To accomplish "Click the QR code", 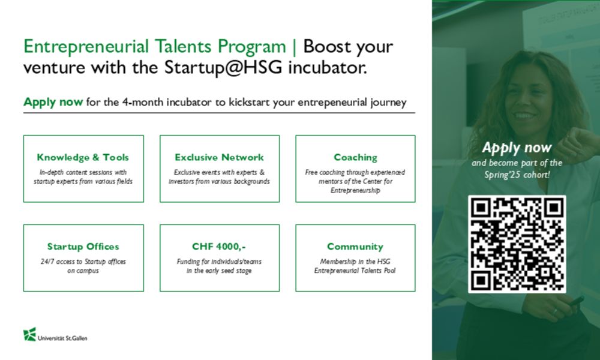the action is click(517, 244).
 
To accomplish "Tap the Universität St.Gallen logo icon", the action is click(29, 334).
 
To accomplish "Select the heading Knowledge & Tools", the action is click(83, 157).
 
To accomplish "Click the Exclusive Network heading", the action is click(219, 157).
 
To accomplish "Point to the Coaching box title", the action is click(355, 157).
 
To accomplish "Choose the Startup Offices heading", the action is click(83, 247).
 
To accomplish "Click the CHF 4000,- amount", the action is click(219, 247).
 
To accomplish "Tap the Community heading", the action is click(355, 247).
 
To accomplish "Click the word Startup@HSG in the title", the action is click(223, 67).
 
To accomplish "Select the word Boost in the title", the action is click(327, 47).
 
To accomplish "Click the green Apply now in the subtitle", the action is click(53, 102).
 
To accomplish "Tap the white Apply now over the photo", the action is click(517, 148).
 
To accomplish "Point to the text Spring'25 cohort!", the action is click(517, 175).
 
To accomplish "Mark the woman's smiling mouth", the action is click(524, 115).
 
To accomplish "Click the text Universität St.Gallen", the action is click(62, 338).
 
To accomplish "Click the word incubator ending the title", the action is click(328, 67).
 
